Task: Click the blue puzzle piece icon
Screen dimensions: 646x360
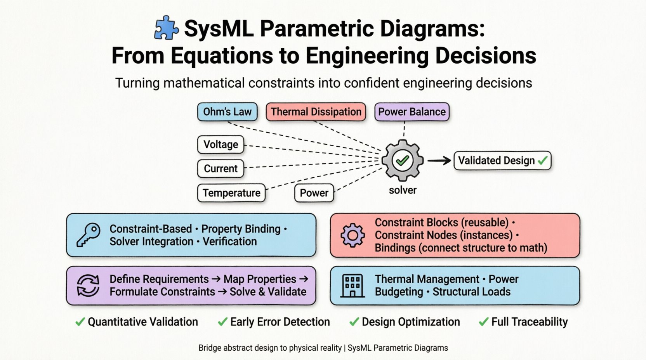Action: [x=166, y=28]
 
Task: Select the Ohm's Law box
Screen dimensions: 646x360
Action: [x=227, y=112]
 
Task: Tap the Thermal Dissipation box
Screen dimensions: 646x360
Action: [x=316, y=112]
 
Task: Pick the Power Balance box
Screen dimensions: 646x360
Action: [x=412, y=112]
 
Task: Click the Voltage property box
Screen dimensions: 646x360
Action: [x=221, y=145]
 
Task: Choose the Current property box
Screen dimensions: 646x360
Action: [x=221, y=169]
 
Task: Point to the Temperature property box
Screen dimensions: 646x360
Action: [x=231, y=193]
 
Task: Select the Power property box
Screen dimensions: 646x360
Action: [x=314, y=193]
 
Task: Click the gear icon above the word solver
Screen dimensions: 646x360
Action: [x=402, y=160]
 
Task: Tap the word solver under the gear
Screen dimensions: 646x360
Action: [x=403, y=190]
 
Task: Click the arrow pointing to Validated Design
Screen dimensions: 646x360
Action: [x=439, y=160]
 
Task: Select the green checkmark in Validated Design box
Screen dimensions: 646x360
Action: [x=543, y=160]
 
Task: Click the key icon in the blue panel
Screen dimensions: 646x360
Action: [x=88, y=235]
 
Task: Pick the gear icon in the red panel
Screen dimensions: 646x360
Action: [x=353, y=235]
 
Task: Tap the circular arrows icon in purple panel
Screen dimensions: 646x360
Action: [x=88, y=286]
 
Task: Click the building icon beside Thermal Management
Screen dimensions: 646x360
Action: [x=353, y=286]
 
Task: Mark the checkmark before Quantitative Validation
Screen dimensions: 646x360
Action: [x=80, y=322]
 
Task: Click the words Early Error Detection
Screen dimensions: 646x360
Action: [x=280, y=322]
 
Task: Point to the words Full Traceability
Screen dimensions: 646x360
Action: [x=530, y=322]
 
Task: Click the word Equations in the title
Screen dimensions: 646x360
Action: [x=222, y=56]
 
